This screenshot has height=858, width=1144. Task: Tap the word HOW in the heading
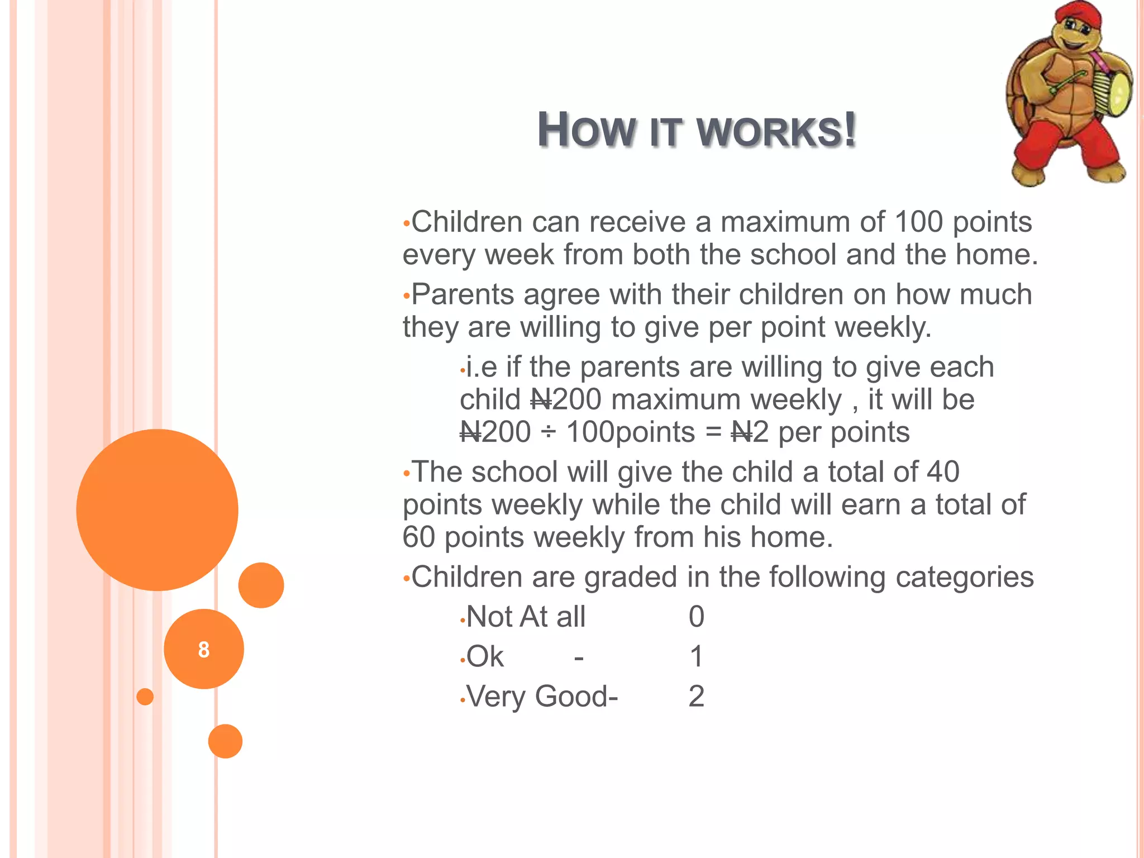[586, 131]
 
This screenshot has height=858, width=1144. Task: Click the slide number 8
[204, 650]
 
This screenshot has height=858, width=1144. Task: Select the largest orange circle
[157, 509]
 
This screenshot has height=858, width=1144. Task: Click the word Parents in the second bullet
[462, 294]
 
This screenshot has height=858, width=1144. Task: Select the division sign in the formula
[549, 432]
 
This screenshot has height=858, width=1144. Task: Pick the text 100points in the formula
[631, 432]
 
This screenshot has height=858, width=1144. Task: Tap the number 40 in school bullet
[942, 472]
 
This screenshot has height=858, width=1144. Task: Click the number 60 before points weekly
[418, 537]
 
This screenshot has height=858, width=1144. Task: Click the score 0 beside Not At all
[696, 617]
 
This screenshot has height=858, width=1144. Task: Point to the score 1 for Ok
[696, 656]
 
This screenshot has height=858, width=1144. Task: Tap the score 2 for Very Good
[696, 696]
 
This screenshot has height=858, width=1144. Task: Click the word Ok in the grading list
[485, 656]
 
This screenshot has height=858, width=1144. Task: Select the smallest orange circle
[145, 697]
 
